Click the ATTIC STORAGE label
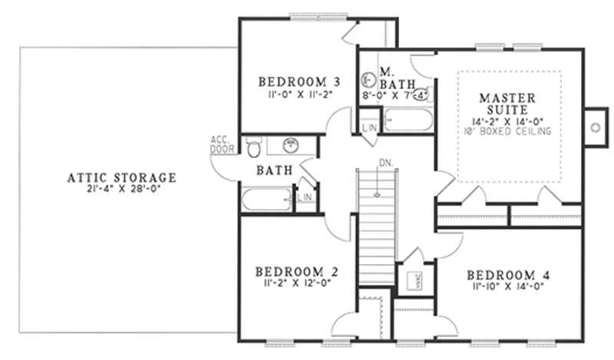(121, 177)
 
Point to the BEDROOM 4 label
(507, 274)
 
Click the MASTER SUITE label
(508, 104)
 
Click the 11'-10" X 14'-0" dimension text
(507, 286)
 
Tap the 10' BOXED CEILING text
(508, 131)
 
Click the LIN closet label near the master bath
(369, 127)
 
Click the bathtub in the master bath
(408, 121)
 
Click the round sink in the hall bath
(290, 146)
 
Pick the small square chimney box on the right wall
(594, 127)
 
